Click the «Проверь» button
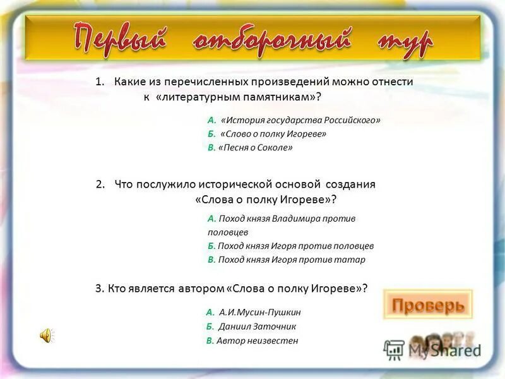click(428, 306)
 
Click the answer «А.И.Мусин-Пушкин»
click(260, 312)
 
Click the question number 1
click(99, 82)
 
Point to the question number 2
click(100, 184)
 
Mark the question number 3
click(98, 289)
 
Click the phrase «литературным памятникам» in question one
click(237, 97)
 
